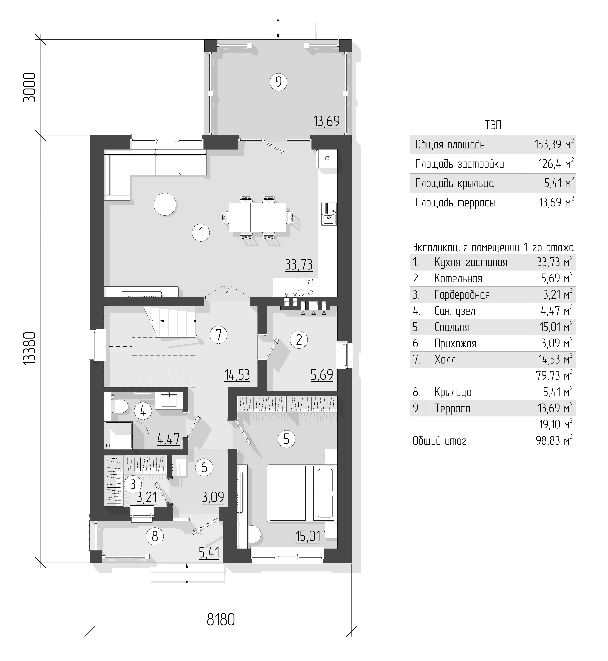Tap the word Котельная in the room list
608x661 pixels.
click(458, 279)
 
